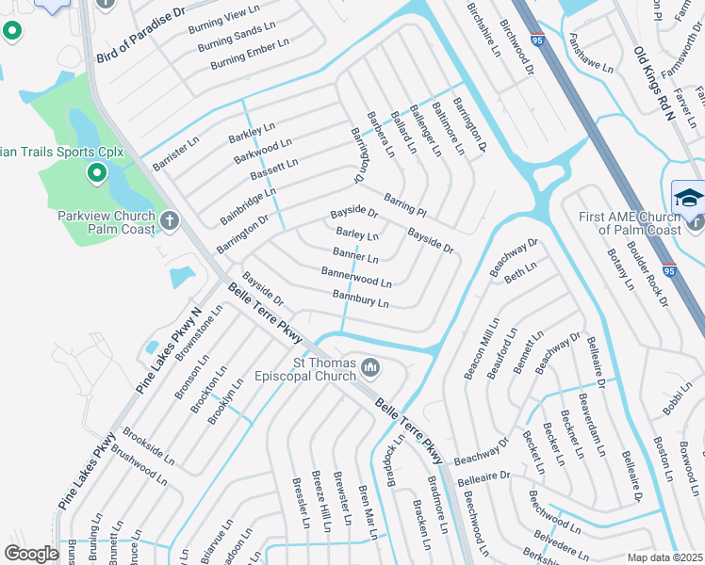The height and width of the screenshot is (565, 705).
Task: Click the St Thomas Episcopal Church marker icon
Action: (369, 366)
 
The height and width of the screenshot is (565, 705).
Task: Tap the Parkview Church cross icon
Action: (170, 221)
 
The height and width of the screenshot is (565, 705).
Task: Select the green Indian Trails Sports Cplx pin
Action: (95, 172)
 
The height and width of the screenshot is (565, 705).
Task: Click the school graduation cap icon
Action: (686, 199)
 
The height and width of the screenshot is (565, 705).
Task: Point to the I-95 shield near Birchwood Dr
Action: (537, 40)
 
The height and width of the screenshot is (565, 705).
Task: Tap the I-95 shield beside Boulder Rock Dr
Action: (668, 269)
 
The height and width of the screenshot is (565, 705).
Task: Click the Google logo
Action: (31, 554)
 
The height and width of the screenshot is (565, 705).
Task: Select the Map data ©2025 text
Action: (664, 557)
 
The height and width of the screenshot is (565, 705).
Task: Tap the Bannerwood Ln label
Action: (356, 276)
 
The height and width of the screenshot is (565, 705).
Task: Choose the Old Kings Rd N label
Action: (654, 84)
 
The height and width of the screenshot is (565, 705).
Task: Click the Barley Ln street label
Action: (357, 234)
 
